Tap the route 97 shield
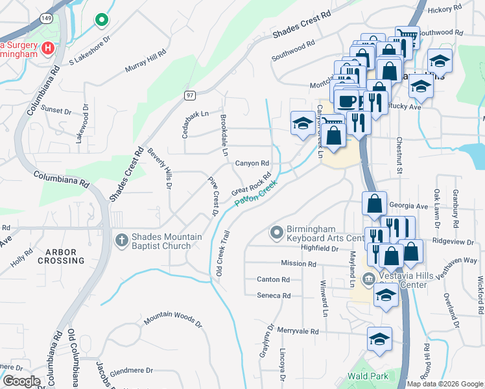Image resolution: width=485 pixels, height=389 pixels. click(x=189, y=95)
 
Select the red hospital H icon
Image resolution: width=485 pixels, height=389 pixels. click(x=47, y=48)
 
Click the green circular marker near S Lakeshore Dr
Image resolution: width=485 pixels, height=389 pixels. click(x=101, y=21)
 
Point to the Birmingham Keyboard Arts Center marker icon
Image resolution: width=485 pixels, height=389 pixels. click(x=277, y=231)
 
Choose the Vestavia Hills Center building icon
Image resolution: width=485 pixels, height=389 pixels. click(x=368, y=279)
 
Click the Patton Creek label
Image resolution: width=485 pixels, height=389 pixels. click(x=255, y=194)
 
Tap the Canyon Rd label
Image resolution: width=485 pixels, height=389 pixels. click(x=252, y=163)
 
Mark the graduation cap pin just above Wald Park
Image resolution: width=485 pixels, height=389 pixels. click(x=379, y=338)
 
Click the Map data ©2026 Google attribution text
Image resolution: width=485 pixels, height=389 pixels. click(x=445, y=383)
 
